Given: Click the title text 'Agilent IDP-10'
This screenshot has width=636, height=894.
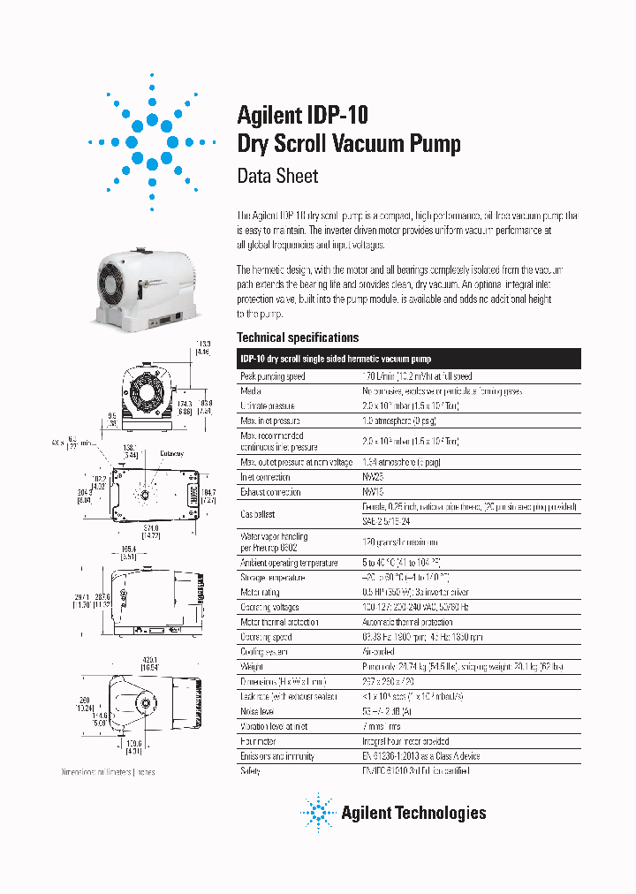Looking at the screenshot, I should [x=302, y=115].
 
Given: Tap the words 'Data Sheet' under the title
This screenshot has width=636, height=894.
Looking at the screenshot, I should [x=277, y=175].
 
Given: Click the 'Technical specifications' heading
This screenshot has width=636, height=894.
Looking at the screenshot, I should [x=298, y=337].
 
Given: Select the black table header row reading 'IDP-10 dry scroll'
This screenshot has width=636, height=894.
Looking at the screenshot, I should [x=409, y=359].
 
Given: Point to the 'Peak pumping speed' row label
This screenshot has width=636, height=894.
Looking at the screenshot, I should [x=273, y=376].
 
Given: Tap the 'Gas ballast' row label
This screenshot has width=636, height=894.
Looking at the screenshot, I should [x=258, y=514].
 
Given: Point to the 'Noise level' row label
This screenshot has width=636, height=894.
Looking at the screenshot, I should [x=259, y=711].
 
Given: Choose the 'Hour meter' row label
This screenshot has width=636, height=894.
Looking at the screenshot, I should [x=259, y=741].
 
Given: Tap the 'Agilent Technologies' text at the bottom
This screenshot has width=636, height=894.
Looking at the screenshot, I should [x=413, y=813].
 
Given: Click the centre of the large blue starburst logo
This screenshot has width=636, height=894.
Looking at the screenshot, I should [x=152, y=142].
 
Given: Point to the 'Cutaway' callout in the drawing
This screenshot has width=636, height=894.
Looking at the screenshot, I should [x=171, y=453].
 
